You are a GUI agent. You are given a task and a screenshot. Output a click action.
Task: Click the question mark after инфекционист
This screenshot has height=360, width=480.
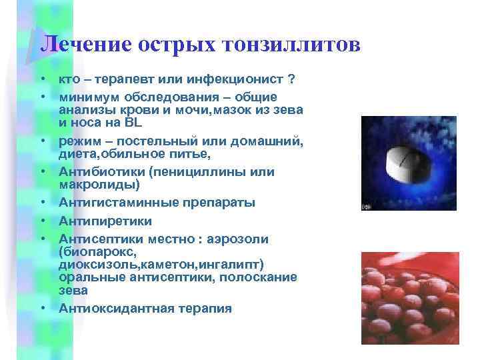click(290, 79)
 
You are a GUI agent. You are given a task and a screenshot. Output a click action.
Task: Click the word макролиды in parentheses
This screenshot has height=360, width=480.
click(97, 184)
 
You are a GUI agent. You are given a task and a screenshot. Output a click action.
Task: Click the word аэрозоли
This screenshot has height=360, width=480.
click(255, 239)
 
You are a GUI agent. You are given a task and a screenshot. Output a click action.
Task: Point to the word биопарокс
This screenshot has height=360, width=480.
click(99, 252)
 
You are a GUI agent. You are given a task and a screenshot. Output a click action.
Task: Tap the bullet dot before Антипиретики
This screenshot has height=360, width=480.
click(41, 220)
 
